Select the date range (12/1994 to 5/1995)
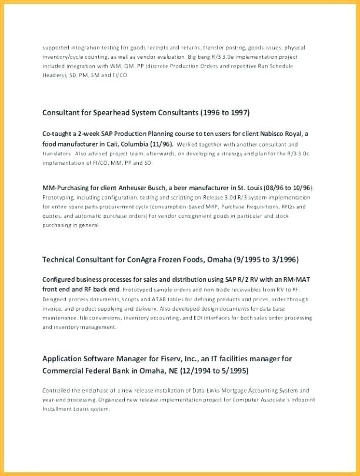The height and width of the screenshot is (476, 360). click(210, 371)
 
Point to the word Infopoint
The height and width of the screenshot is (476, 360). click(288, 400)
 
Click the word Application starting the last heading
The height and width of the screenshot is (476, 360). click(63, 358)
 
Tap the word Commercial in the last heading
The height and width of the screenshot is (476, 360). click(64, 371)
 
